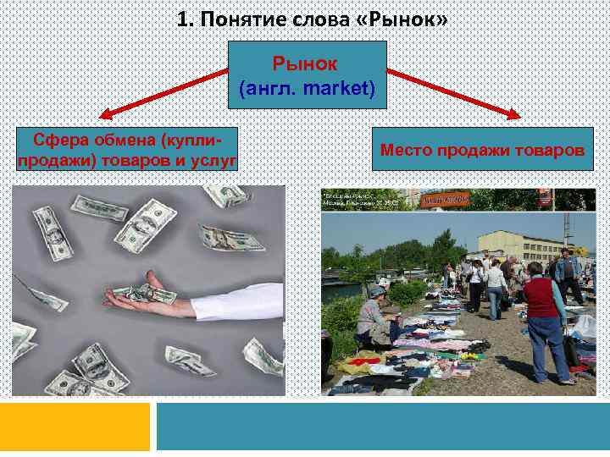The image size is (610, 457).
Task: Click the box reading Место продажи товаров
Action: click(x=482, y=150)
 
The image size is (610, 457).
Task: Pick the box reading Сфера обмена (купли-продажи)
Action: click(x=126, y=150)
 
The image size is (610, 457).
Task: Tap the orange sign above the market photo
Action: click(x=445, y=199)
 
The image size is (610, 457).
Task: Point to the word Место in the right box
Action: click(x=406, y=150)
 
